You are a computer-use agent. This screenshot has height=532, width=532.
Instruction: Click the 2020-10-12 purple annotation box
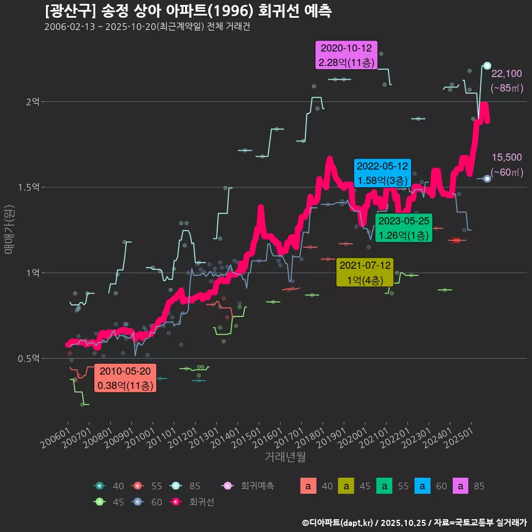346,55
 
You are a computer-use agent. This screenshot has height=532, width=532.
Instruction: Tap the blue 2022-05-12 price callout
382,173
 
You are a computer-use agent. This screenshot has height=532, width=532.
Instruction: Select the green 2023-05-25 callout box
403,228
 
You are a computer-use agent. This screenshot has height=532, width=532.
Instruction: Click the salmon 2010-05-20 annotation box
125,378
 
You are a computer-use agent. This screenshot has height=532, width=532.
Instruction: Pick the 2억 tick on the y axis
32,102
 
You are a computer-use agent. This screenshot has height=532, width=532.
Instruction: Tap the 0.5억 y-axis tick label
28,359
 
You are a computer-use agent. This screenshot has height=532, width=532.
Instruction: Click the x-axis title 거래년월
285,457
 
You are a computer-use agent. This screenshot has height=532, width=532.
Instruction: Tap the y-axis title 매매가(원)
9,229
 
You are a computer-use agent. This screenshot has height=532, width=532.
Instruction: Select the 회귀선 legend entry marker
176,502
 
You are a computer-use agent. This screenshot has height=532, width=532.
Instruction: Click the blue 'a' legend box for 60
422,487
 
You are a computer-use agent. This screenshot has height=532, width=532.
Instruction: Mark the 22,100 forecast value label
507,74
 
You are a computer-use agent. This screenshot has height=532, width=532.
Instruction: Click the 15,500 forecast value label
507,158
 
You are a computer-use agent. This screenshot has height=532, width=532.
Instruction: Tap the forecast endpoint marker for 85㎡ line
487,65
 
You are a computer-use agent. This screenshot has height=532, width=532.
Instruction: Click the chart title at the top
188,12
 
